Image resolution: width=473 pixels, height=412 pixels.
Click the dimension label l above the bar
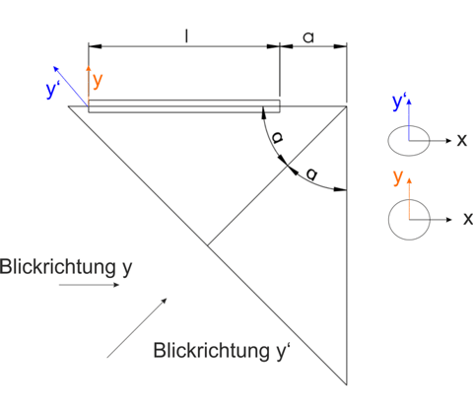click(186, 36)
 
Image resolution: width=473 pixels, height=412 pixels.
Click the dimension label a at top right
click(308, 37)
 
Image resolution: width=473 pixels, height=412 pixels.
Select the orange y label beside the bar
click(98, 81)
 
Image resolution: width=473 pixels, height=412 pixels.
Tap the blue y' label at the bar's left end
click(51, 90)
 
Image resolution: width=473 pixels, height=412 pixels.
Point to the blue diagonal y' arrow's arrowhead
click(56, 69)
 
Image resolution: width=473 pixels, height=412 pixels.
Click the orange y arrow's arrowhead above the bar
click(88, 69)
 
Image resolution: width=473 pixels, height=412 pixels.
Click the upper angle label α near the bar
click(277, 138)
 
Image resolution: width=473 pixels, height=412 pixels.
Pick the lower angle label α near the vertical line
click(312, 173)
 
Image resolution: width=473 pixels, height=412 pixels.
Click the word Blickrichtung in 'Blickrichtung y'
click(58, 266)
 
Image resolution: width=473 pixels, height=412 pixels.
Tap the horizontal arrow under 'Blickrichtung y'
click(89, 285)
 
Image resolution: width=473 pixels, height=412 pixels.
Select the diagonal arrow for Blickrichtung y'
click(137, 327)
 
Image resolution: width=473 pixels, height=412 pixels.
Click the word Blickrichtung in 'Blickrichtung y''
click(211, 351)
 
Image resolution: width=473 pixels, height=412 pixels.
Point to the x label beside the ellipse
click(462, 141)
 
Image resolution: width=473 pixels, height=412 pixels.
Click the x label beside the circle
click(468, 219)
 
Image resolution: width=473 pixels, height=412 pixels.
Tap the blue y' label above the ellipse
click(399, 103)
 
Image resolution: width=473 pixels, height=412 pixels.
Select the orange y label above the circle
click(398, 177)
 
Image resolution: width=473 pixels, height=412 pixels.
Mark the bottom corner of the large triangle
click(347, 384)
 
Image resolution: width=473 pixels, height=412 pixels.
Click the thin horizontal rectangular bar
click(184, 106)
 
